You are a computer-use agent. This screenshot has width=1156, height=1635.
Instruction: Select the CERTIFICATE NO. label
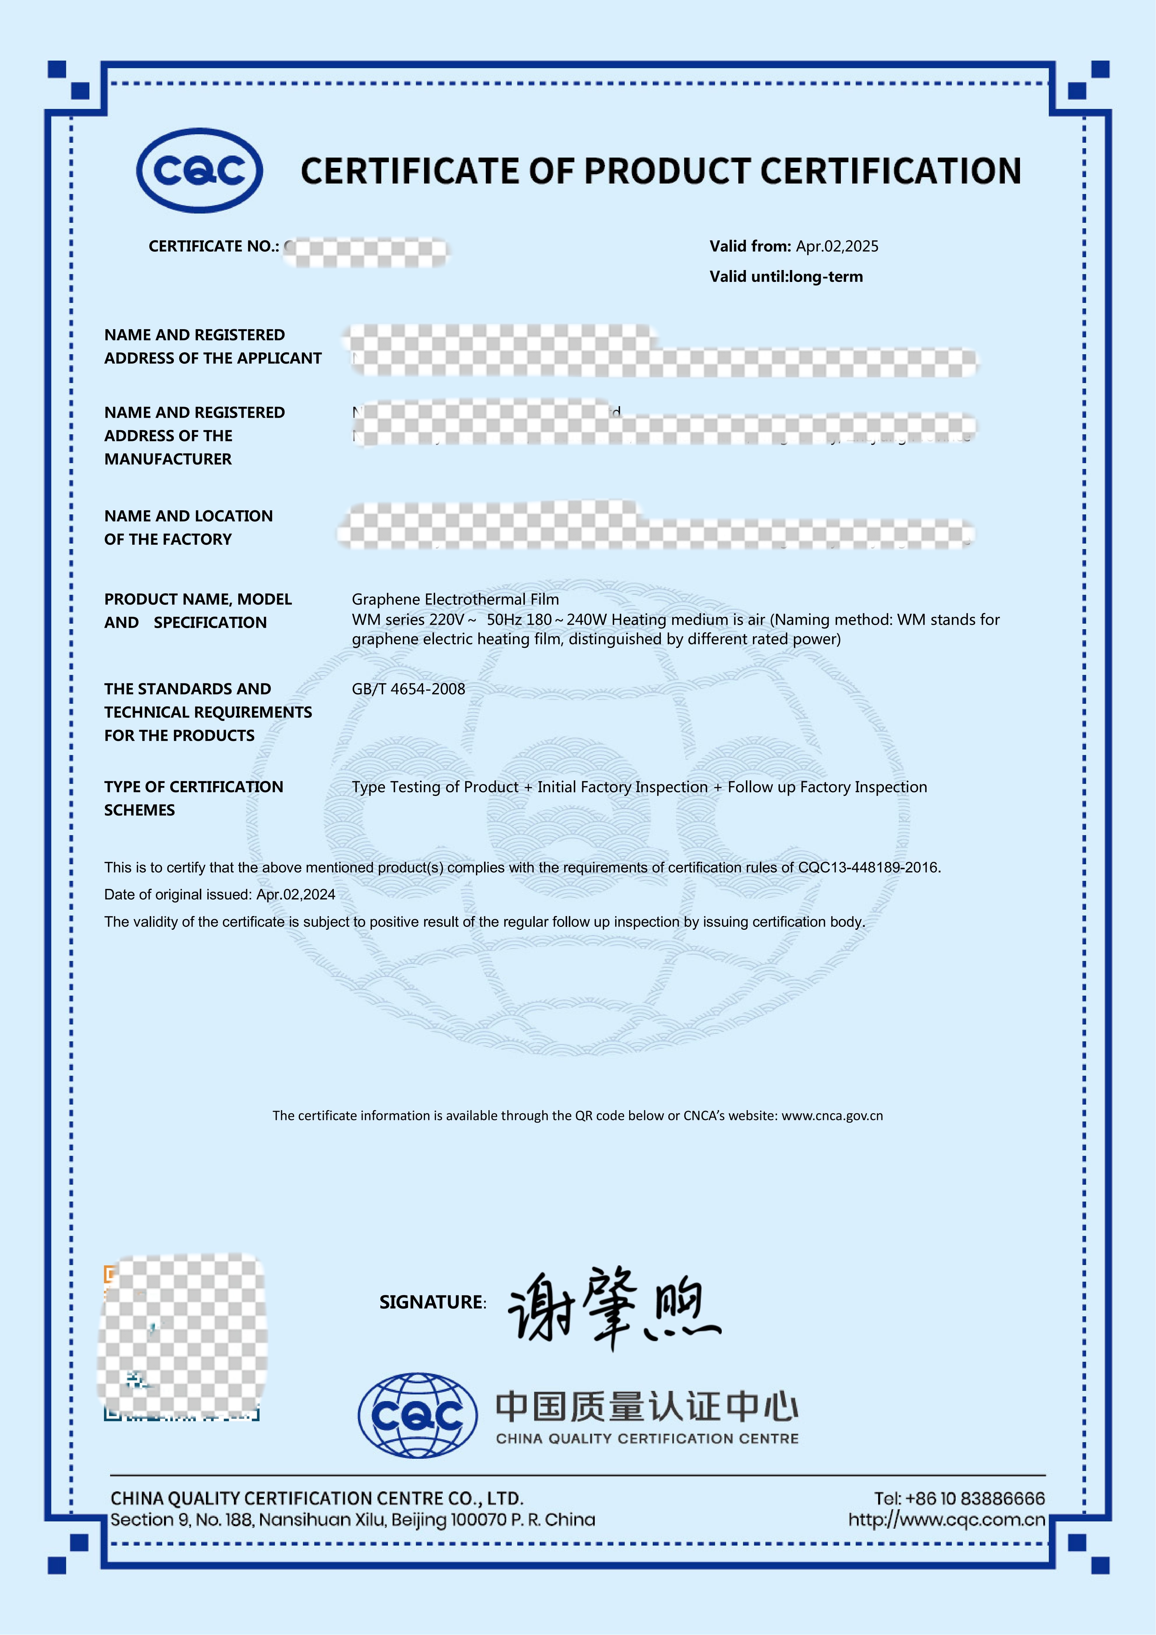tap(213, 246)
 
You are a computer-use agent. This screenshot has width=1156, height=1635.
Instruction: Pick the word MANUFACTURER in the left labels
tap(168, 459)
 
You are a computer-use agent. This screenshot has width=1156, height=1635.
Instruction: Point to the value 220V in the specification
tap(446, 620)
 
